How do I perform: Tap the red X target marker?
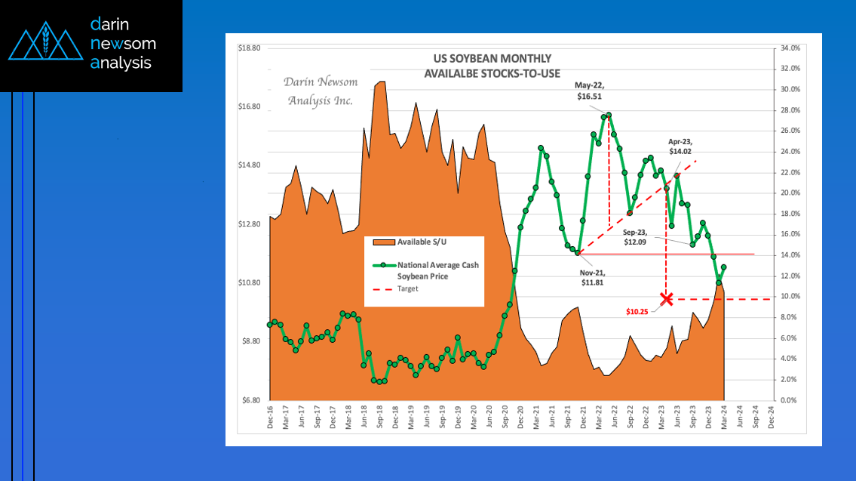point(666,299)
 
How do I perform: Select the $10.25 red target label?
point(639,310)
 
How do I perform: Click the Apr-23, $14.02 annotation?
point(680,146)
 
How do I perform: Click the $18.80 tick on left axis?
point(249,48)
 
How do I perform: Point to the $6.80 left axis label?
point(250,400)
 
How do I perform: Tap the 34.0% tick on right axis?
point(790,48)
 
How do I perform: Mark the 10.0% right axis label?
point(790,297)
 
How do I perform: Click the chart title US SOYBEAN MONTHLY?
point(492,58)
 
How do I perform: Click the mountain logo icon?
point(45,45)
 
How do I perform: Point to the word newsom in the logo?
point(124,44)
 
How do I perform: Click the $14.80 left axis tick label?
point(249,165)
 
